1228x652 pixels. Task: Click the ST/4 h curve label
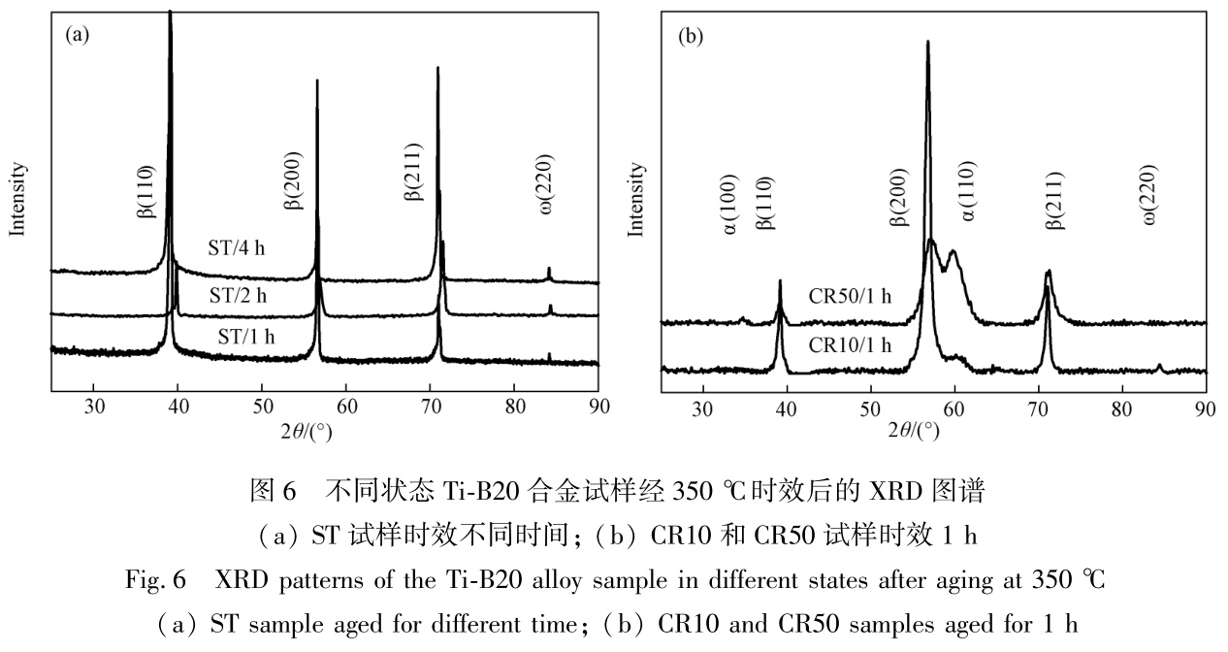tap(236, 247)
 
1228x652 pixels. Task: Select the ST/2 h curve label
tap(236, 294)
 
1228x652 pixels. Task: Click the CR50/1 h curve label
tap(850, 296)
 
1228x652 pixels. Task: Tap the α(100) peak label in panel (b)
tap(729, 202)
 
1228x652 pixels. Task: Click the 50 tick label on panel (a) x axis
tap(261, 406)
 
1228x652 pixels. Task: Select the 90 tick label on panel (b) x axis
tap(1205, 406)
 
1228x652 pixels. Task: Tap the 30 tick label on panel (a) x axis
tap(94, 406)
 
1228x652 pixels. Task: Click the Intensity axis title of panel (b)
tap(636, 199)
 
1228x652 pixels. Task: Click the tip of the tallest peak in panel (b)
tap(928, 42)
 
